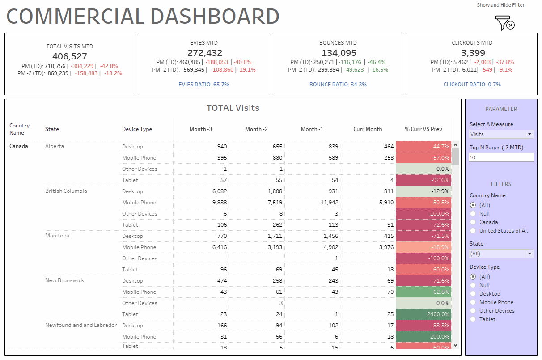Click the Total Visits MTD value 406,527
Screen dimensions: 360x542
(x=70, y=56)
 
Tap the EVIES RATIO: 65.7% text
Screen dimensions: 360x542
(x=203, y=84)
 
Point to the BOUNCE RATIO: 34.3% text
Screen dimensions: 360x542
(x=338, y=84)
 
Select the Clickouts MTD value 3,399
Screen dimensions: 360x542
(x=472, y=53)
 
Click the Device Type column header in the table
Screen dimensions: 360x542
(x=137, y=129)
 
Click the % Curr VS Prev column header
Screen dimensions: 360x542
(x=423, y=129)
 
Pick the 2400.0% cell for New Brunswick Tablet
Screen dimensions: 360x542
(x=423, y=314)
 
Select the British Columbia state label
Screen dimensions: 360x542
(x=66, y=191)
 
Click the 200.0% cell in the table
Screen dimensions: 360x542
(x=423, y=337)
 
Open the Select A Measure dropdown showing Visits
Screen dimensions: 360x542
(x=501, y=134)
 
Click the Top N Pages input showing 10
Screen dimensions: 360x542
(x=501, y=157)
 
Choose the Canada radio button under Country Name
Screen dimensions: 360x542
(x=473, y=222)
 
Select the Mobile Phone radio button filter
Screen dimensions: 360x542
(x=473, y=302)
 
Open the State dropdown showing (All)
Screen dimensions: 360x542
(x=501, y=254)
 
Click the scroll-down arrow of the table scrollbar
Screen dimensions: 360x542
(x=456, y=345)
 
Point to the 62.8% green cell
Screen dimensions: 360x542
(x=423, y=292)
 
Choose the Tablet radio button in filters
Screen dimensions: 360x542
(x=473, y=319)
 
